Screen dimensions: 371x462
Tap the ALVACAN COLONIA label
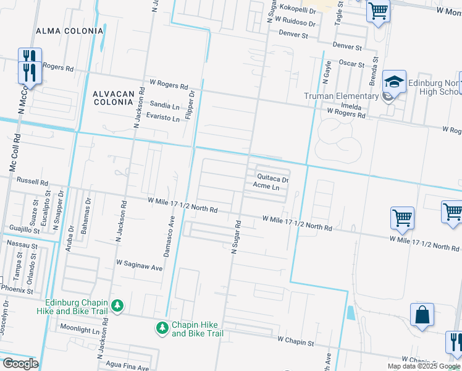[113, 98]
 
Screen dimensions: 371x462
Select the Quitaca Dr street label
[273, 178]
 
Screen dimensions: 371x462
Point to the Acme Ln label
[267, 187]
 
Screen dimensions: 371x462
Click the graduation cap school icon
[393, 82]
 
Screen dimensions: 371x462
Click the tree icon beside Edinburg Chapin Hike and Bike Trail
[117, 305]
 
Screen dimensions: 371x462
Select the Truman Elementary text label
[342, 96]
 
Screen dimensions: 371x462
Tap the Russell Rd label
[32, 182]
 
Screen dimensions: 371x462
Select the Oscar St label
[353, 64]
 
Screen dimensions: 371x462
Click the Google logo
[20, 364]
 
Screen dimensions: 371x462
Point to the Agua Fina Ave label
[127, 367]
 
